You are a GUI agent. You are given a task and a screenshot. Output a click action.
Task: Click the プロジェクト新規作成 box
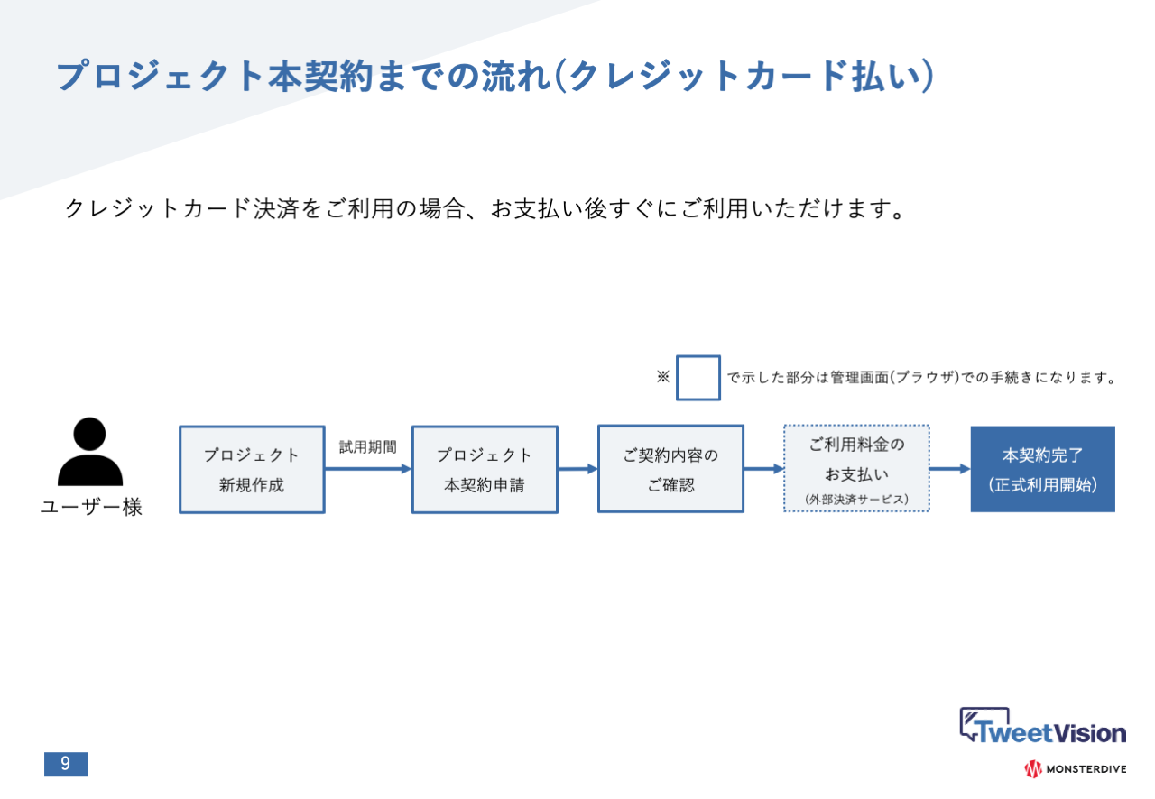point(252,470)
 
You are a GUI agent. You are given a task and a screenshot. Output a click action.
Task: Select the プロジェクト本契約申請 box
point(485,470)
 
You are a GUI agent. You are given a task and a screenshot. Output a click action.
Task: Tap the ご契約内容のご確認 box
point(670,469)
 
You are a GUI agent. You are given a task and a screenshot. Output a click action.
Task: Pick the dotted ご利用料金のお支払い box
point(856,468)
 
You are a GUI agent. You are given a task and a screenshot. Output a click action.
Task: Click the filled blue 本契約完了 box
point(1042,469)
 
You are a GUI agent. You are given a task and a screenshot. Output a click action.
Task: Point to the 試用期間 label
point(368,446)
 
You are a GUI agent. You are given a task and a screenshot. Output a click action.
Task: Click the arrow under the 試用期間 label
point(367,469)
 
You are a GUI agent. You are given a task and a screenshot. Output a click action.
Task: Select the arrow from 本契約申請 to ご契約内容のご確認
point(577,469)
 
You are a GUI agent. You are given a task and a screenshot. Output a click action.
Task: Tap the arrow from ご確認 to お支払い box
point(763,469)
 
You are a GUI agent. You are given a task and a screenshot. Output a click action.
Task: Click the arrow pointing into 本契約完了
point(949,469)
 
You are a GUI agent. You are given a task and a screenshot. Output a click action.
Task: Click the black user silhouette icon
point(90,452)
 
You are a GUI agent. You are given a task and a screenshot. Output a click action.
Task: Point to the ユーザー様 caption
point(91,508)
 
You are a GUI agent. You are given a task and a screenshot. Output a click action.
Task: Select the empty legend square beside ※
point(698,378)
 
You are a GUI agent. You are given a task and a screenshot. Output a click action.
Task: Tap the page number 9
point(66,764)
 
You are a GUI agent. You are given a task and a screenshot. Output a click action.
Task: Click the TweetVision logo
point(1042,727)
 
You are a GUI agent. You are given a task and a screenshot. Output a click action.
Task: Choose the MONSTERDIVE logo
point(1075,769)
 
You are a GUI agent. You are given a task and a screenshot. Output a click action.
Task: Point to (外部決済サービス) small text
point(856,498)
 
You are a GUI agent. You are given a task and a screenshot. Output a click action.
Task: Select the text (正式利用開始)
point(1042,485)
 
